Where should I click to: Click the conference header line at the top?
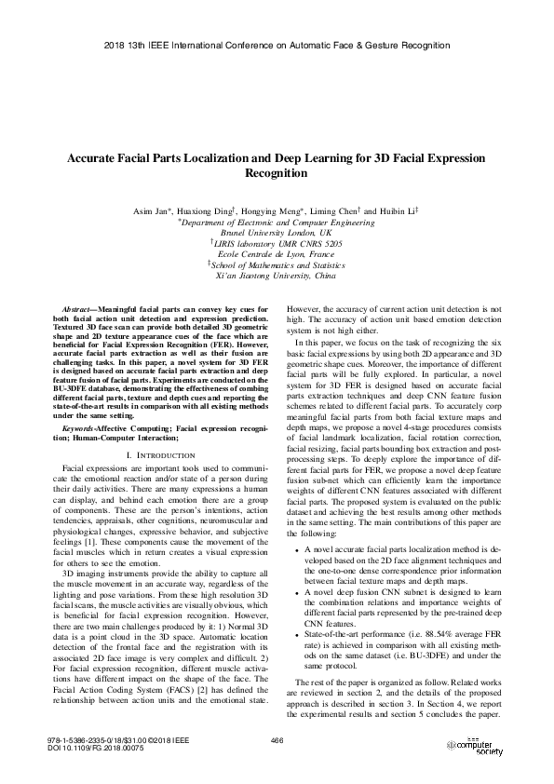(x=277, y=45)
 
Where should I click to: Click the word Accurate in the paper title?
(x=95, y=157)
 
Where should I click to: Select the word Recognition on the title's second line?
(x=277, y=173)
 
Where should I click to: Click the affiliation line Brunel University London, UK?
(x=277, y=234)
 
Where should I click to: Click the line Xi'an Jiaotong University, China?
(x=277, y=277)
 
